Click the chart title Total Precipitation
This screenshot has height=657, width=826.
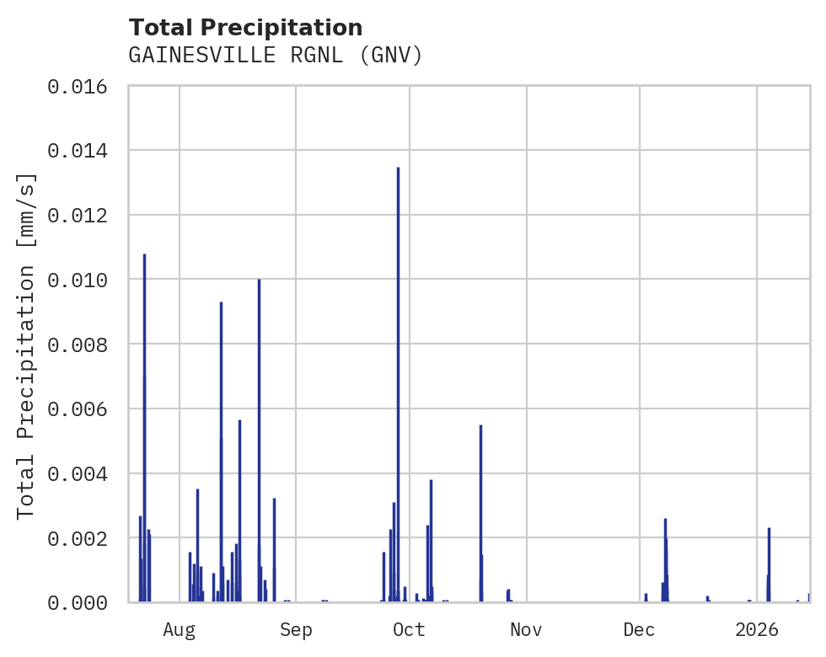pos(245,28)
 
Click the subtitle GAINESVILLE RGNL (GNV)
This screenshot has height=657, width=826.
pos(275,56)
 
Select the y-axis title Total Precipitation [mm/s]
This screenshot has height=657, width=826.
pos(27,345)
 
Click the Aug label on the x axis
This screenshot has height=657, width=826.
pos(180,630)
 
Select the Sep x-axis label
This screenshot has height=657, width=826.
pos(296,630)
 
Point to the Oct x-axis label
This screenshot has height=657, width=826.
pos(409,630)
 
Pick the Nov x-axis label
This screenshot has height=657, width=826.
pos(526,630)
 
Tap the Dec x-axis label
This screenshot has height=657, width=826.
pos(639,630)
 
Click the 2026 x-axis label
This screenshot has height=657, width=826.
pos(756,630)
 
